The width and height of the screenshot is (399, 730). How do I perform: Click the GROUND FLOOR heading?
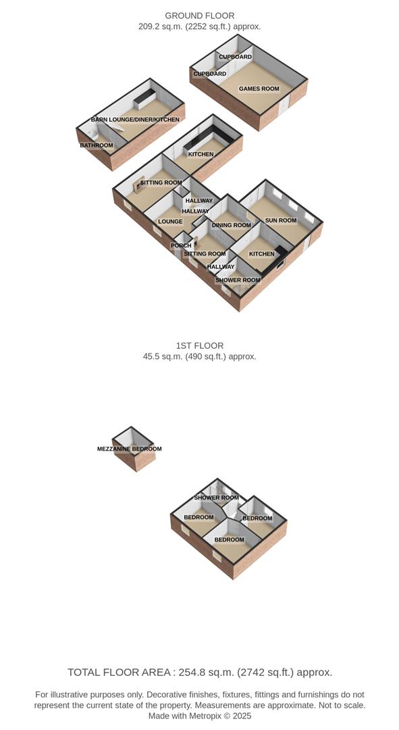pyautogui.click(x=200, y=16)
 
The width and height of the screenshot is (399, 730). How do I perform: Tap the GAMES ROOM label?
pyautogui.click(x=259, y=89)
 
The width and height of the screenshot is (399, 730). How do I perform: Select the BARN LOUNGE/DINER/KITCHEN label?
pyautogui.click(x=135, y=120)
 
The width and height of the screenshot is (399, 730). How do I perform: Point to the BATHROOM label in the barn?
pyautogui.click(x=97, y=145)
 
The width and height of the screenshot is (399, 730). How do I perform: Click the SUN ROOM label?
pyautogui.click(x=280, y=220)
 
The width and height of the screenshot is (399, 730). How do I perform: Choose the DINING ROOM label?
pyautogui.click(x=231, y=225)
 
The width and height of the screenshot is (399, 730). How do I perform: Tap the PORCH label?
pyautogui.click(x=180, y=245)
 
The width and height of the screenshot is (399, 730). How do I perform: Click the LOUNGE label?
pyautogui.click(x=170, y=221)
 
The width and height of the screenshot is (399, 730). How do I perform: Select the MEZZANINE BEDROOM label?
pyautogui.click(x=130, y=449)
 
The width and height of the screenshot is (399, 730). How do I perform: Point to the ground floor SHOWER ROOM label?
pyautogui.click(x=238, y=280)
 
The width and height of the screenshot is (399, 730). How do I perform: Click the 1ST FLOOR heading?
pyautogui.click(x=199, y=345)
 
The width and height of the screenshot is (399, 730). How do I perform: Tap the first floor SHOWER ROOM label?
pyautogui.click(x=216, y=497)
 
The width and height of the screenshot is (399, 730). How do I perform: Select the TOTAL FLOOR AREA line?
pyautogui.click(x=200, y=672)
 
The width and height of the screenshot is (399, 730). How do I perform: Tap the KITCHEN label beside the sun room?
pyautogui.click(x=262, y=254)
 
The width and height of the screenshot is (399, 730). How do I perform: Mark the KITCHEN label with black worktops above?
pyautogui.click(x=201, y=154)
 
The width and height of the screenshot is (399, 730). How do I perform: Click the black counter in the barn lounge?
pyautogui.click(x=144, y=99)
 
